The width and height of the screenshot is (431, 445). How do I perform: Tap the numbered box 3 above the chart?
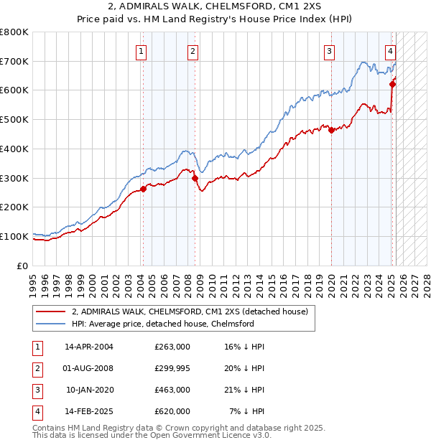point(328,51)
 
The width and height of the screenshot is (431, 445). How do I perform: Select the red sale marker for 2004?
point(143,189)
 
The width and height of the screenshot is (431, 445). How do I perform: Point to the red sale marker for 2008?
point(195,178)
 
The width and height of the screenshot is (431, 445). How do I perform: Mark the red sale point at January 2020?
point(331,130)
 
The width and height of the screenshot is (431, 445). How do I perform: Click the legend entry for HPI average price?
point(163,324)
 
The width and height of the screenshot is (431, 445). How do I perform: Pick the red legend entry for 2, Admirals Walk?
point(190,311)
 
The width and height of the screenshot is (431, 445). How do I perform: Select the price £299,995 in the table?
point(172,368)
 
